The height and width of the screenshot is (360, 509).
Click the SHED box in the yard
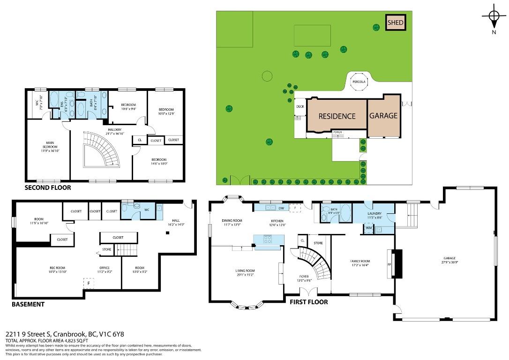[x=395, y=22]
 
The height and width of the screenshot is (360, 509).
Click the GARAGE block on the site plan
[x=383, y=116]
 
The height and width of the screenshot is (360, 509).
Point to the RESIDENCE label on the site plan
[x=337, y=116]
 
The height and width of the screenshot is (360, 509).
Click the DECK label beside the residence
[x=300, y=106]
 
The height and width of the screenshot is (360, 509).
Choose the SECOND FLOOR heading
[x=48, y=187]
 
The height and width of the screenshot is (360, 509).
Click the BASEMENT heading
[x=28, y=304]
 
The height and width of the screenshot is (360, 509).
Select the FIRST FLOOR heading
[x=308, y=302]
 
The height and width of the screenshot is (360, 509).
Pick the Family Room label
[x=360, y=263]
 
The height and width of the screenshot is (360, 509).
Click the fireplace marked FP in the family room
[x=389, y=264]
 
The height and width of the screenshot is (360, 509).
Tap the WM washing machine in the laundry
[x=368, y=229]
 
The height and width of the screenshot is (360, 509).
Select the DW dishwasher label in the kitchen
[x=281, y=208]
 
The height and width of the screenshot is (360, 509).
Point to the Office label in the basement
[x=104, y=270]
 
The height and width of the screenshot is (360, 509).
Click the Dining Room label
[x=232, y=223]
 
